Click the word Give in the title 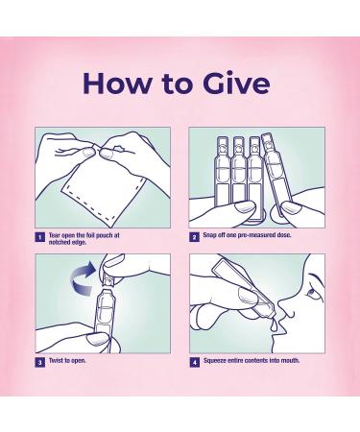[x=236, y=83]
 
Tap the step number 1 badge [x=39, y=237]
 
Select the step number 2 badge [x=194, y=237]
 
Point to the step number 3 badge [x=39, y=363]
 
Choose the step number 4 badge [x=194, y=363]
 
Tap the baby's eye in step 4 [x=311, y=291]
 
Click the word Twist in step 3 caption [x=56, y=360]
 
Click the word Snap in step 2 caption [x=209, y=235]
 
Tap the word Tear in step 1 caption [x=54, y=235]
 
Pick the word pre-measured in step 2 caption [x=258, y=235]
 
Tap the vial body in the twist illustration [x=103, y=317]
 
